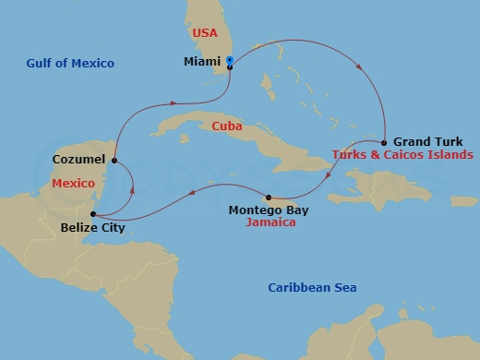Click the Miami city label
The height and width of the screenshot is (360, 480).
pyautogui.click(x=202, y=64)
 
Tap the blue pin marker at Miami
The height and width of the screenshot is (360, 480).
pyautogui.click(x=229, y=62)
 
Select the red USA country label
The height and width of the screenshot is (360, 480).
pyautogui.click(x=204, y=33)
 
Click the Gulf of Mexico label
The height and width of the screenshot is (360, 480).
pyautogui.click(x=71, y=64)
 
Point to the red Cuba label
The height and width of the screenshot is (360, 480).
pyautogui.click(x=227, y=126)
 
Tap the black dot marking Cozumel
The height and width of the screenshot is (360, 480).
pyautogui.click(x=114, y=161)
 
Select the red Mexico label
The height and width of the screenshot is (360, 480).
pyautogui.click(x=75, y=184)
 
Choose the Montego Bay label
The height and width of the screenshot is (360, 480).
pyautogui.click(x=268, y=210)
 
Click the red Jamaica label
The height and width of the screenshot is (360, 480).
pyautogui.click(x=271, y=223)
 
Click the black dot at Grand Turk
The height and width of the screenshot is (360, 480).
pyautogui.click(x=384, y=142)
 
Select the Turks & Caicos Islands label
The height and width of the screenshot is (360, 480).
pyautogui.click(x=402, y=155)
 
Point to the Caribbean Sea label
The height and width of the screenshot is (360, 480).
pyautogui.click(x=312, y=288)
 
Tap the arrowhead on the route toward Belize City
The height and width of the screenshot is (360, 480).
pyautogui.click(x=192, y=192)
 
